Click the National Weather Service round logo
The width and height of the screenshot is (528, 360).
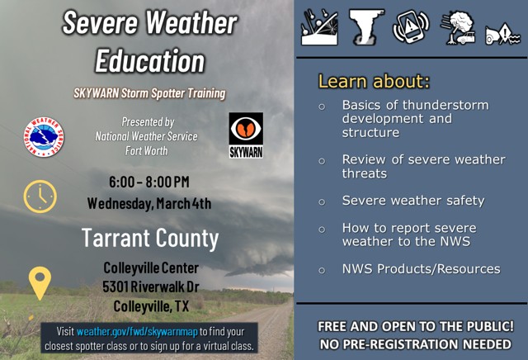point(45,137)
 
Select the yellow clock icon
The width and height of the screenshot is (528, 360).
point(40,196)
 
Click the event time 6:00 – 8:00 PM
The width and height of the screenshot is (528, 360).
point(148,182)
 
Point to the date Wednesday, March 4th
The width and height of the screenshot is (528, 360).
point(148,203)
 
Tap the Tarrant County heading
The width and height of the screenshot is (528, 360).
point(149,239)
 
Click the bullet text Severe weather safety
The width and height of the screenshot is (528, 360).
point(412,201)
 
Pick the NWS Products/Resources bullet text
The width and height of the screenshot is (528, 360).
point(421,268)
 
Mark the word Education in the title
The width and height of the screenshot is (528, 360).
point(149,60)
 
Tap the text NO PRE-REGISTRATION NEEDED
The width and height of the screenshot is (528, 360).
point(416,343)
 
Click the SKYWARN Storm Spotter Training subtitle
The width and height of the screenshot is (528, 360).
point(148,93)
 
